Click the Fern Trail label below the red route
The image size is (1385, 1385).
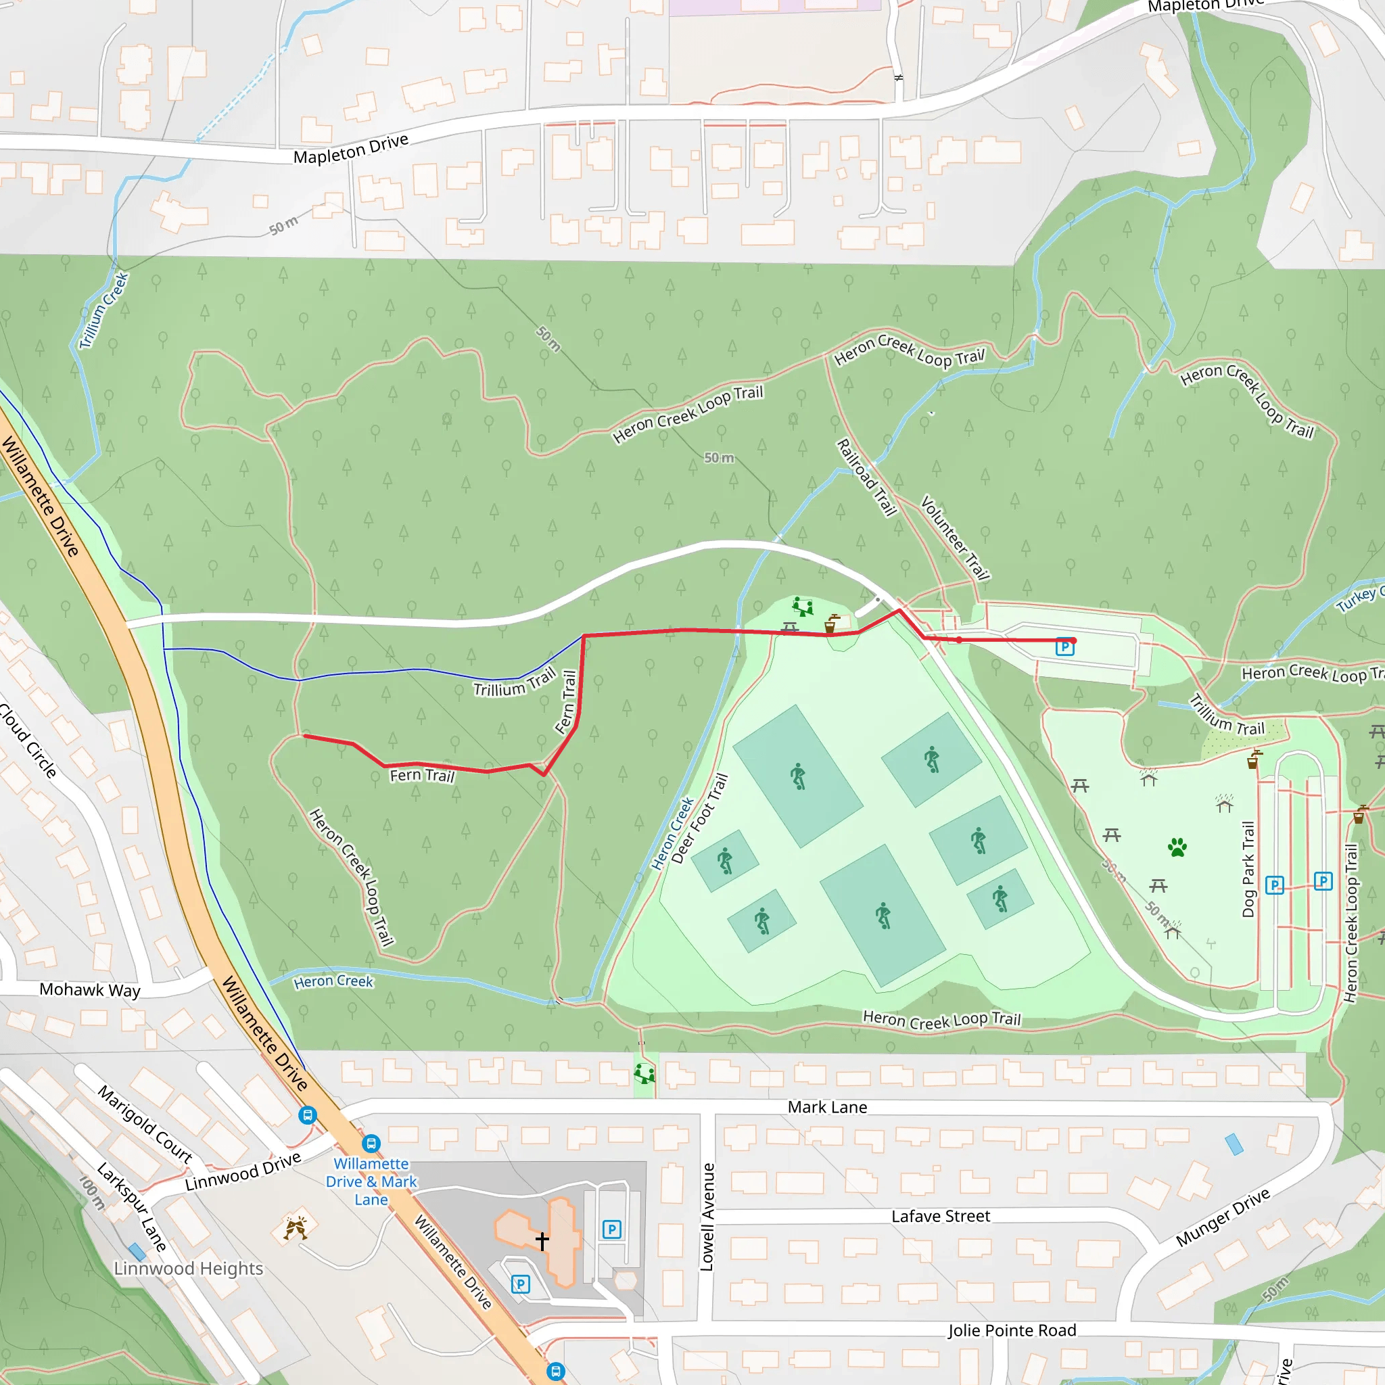(422, 776)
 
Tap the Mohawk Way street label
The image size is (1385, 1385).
(90, 990)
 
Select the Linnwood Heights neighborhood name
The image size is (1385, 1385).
(189, 1269)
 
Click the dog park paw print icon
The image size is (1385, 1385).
(1177, 847)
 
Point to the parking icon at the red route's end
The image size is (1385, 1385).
(1065, 647)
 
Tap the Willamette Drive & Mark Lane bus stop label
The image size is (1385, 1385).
(371, 1181)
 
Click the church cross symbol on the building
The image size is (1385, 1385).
(542, 1241)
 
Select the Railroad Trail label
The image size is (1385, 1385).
(867, 477)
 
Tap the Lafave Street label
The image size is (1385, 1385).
(941, 1217)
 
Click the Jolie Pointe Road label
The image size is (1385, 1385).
(1012, 1330)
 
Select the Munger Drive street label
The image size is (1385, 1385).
(1223, 1217)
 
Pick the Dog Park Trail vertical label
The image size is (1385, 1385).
(1248, 870)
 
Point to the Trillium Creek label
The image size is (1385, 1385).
(104, 310)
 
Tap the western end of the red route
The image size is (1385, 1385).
(306, 736)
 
